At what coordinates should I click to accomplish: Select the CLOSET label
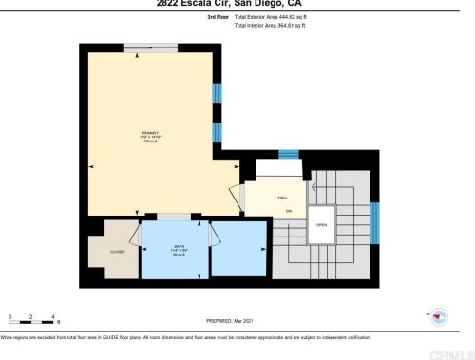click(118, 252)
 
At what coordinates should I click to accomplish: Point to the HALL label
click(282, 197)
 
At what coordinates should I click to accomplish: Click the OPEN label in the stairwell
click(322, 224)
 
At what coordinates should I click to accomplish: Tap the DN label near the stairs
click(288, 210)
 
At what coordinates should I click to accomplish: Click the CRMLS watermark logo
click(446, 351)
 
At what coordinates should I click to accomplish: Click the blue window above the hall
click(288, 154)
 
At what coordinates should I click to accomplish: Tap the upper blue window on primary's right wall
click(217, 95)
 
